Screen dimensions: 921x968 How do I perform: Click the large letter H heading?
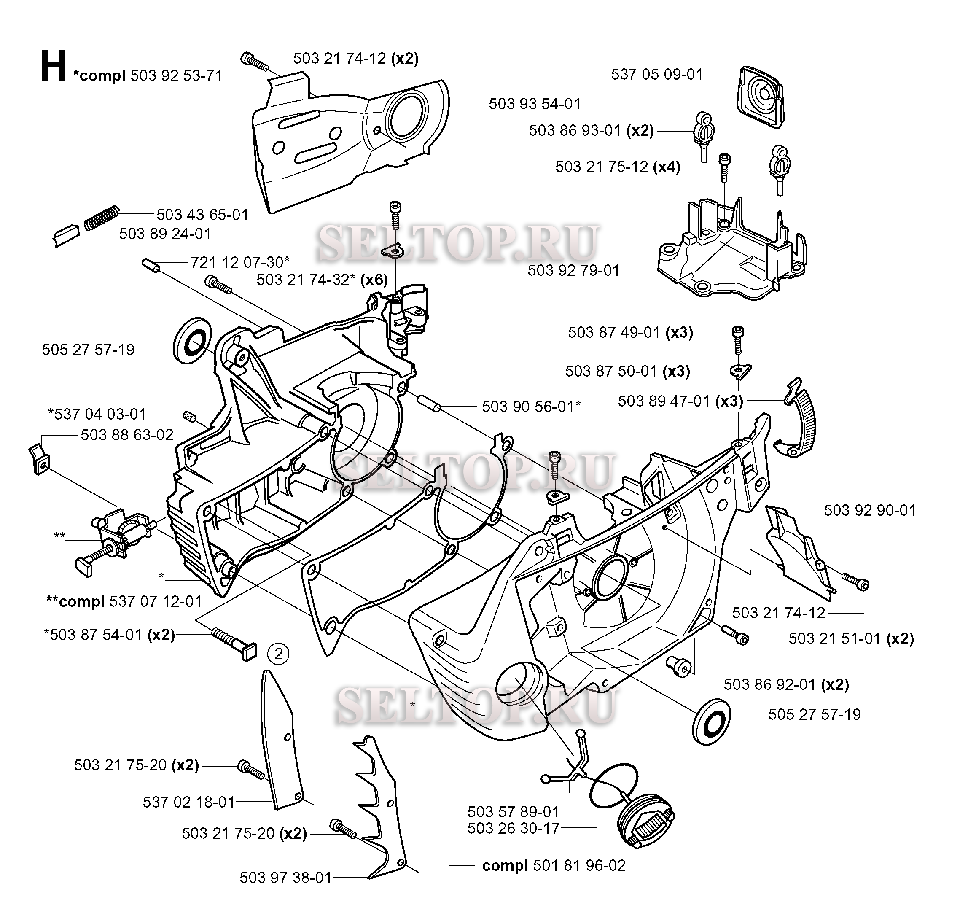point(54,67)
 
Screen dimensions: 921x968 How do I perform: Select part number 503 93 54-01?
point(535,104)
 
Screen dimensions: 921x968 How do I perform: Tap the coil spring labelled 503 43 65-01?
point(102,218)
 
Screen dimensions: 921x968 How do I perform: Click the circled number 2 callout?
point(279,654)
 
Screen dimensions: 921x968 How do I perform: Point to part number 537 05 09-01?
point(657,75)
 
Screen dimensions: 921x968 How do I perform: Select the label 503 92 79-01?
point(573,270)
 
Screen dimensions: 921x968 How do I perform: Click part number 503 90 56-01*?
point(531,407)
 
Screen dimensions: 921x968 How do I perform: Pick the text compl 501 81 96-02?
point(554,865)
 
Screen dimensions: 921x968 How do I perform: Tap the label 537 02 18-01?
point(188,802)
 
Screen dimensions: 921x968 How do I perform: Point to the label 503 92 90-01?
point(869,511)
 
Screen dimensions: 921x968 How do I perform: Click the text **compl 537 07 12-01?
point(124,601)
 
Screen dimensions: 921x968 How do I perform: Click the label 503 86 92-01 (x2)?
point(786,684)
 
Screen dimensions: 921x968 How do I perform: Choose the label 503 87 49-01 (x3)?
point(630,332)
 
